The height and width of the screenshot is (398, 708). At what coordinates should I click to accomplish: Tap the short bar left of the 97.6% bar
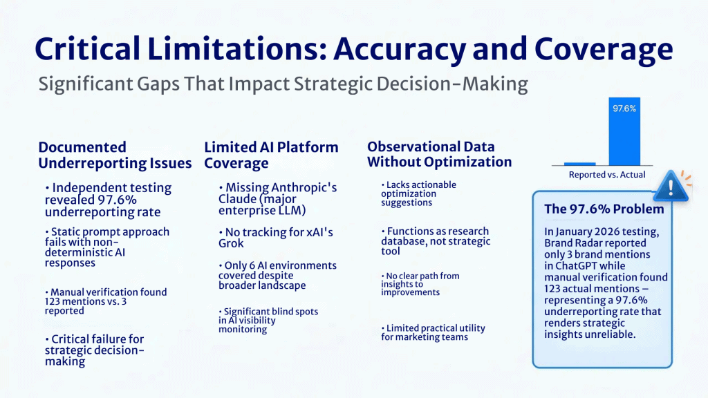[579, 164]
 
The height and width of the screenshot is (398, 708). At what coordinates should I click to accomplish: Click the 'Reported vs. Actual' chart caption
[606, 175]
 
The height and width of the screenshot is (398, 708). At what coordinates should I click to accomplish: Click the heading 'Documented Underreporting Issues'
[115, 155]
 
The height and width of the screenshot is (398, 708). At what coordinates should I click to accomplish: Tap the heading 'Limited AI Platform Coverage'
[271, 155]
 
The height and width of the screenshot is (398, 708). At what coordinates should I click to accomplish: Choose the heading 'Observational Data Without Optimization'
[439, 154]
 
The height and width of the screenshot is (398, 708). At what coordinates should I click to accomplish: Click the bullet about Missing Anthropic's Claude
[277, 198]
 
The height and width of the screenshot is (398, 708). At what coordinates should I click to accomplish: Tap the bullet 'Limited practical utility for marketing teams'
[433, 332]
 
